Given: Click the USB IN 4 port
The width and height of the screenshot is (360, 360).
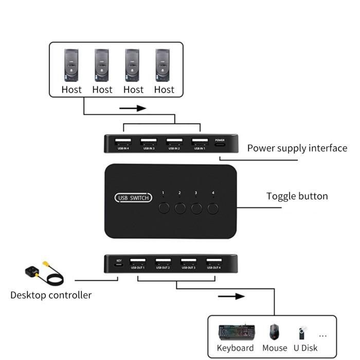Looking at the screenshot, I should [123, 141].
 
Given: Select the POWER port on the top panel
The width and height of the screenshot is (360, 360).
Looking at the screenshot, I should [220, 143].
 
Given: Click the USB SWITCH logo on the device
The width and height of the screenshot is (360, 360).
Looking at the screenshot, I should [133, 197].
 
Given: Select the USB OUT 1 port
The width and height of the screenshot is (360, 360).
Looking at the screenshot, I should [137, 261].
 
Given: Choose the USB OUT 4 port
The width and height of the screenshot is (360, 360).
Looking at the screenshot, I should [214, 261].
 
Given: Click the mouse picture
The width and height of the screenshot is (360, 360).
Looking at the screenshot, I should [274, 332].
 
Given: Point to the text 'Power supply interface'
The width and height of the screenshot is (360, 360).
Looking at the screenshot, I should [297, 148].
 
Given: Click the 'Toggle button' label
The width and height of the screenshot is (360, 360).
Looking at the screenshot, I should [297, 196].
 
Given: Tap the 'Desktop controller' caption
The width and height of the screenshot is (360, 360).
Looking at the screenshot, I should [51, 295].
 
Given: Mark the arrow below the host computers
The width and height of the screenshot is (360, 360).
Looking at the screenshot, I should [133, 109].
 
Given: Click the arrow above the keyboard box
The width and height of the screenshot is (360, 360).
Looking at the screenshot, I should [230, 296].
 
